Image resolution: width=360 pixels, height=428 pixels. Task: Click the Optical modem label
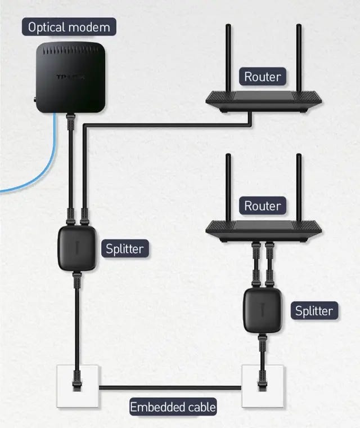(69, 26)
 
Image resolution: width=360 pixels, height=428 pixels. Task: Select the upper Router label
(262, 77)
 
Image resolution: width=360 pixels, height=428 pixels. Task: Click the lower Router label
(262, 206)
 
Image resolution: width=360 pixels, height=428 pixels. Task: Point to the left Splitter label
(125, 248)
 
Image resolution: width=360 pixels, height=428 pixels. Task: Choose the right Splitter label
(314, 310)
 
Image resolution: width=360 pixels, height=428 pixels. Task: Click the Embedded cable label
(173, 406)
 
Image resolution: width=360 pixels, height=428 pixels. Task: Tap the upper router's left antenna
(228, 56)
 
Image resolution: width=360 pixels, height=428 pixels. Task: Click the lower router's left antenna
(228, 186)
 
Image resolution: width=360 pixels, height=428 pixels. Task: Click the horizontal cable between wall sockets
(169, 387)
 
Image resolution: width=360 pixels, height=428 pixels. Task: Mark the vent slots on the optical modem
(70, 51)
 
